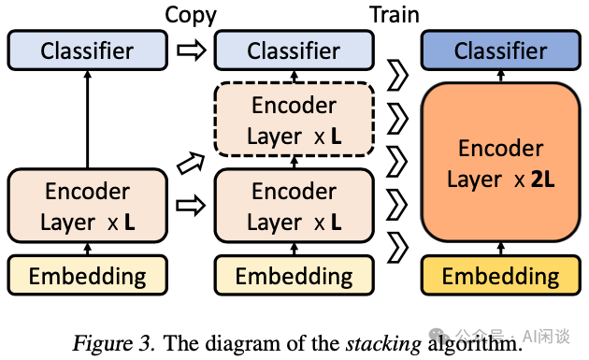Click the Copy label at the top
pos(191,14)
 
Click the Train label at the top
pos(393,14)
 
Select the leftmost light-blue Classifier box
pos(87,50)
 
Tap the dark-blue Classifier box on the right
pos(500,50)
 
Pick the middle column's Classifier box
pos(294,50)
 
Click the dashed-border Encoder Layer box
pos(294,119)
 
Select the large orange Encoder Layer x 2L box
pos(500,163)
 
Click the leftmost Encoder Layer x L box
pos(87,206)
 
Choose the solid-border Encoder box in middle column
pos(294,206)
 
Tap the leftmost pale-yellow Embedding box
pos(87,276)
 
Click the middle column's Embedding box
pos(294,276)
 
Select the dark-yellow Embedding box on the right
pos(500,276)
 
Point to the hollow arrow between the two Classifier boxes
pos(192,51)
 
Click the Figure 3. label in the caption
pos(111,343)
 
